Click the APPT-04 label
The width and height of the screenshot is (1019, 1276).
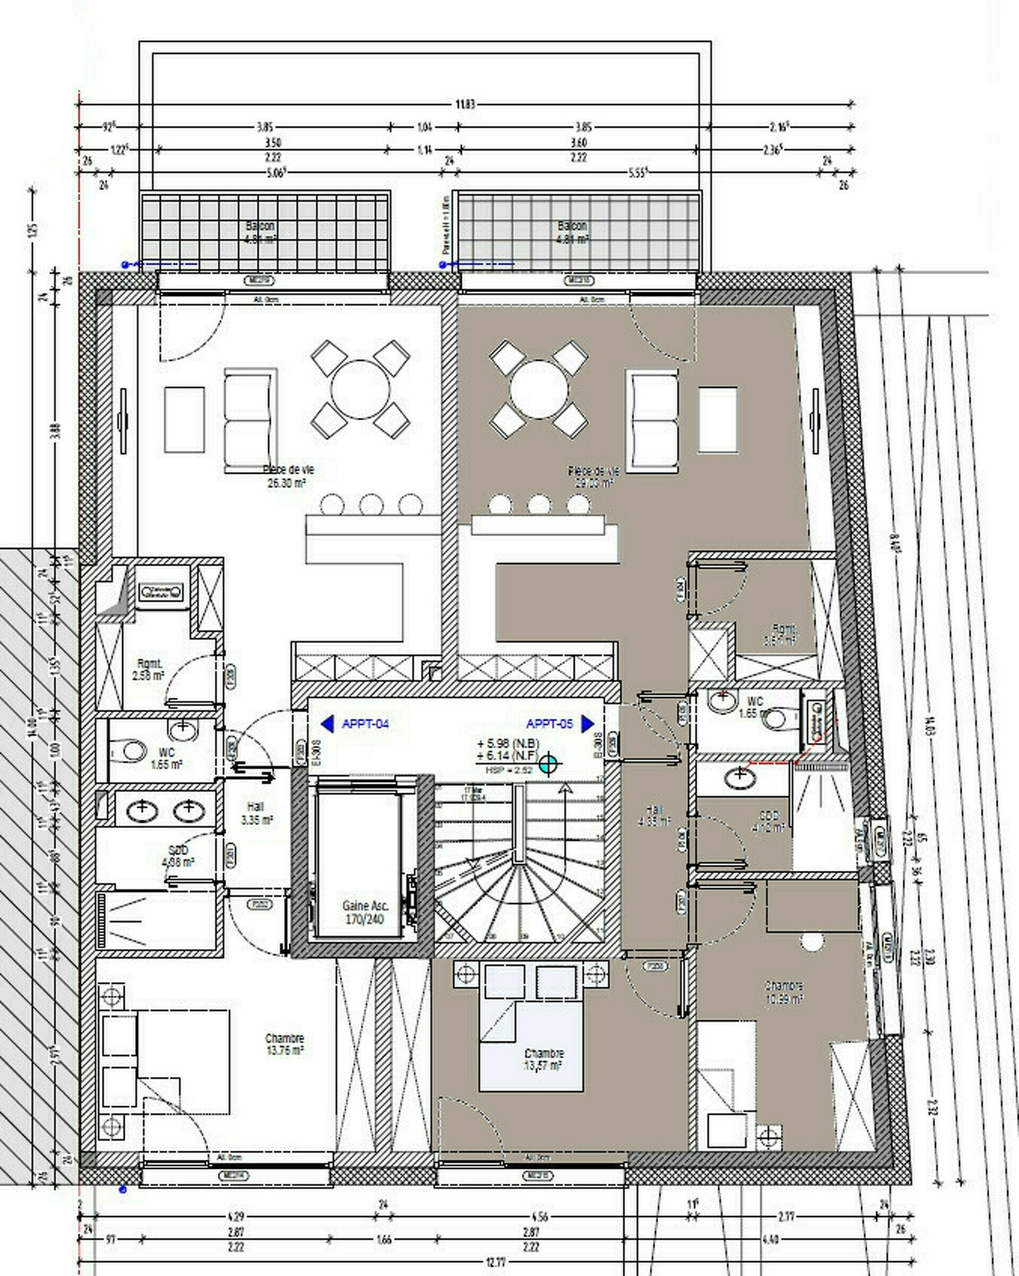[365, 723]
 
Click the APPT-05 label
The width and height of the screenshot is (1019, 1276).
[549, 723]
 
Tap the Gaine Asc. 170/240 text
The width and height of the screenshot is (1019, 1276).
[365, 912]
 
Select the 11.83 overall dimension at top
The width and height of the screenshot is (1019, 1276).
[465, 104]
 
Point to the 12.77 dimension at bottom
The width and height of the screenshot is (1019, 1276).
[496, 1262]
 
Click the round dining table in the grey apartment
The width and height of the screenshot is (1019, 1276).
[539, 389]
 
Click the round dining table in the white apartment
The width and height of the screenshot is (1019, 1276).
[360, 389]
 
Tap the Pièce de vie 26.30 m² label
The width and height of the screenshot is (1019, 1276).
[288, 476]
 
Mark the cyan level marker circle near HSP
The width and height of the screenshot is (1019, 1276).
[548, 764]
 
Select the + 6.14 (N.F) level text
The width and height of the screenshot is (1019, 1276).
[508, 756]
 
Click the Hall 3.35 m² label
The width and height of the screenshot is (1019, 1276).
[256, 813]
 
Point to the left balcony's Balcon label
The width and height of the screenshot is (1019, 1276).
[260, 226]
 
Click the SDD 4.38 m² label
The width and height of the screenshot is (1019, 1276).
[178, 856]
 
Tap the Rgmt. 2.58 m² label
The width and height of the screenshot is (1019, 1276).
[149, 670]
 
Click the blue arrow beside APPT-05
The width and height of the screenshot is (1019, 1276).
[588, 723]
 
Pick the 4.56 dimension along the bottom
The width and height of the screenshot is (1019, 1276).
[539, 1217]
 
